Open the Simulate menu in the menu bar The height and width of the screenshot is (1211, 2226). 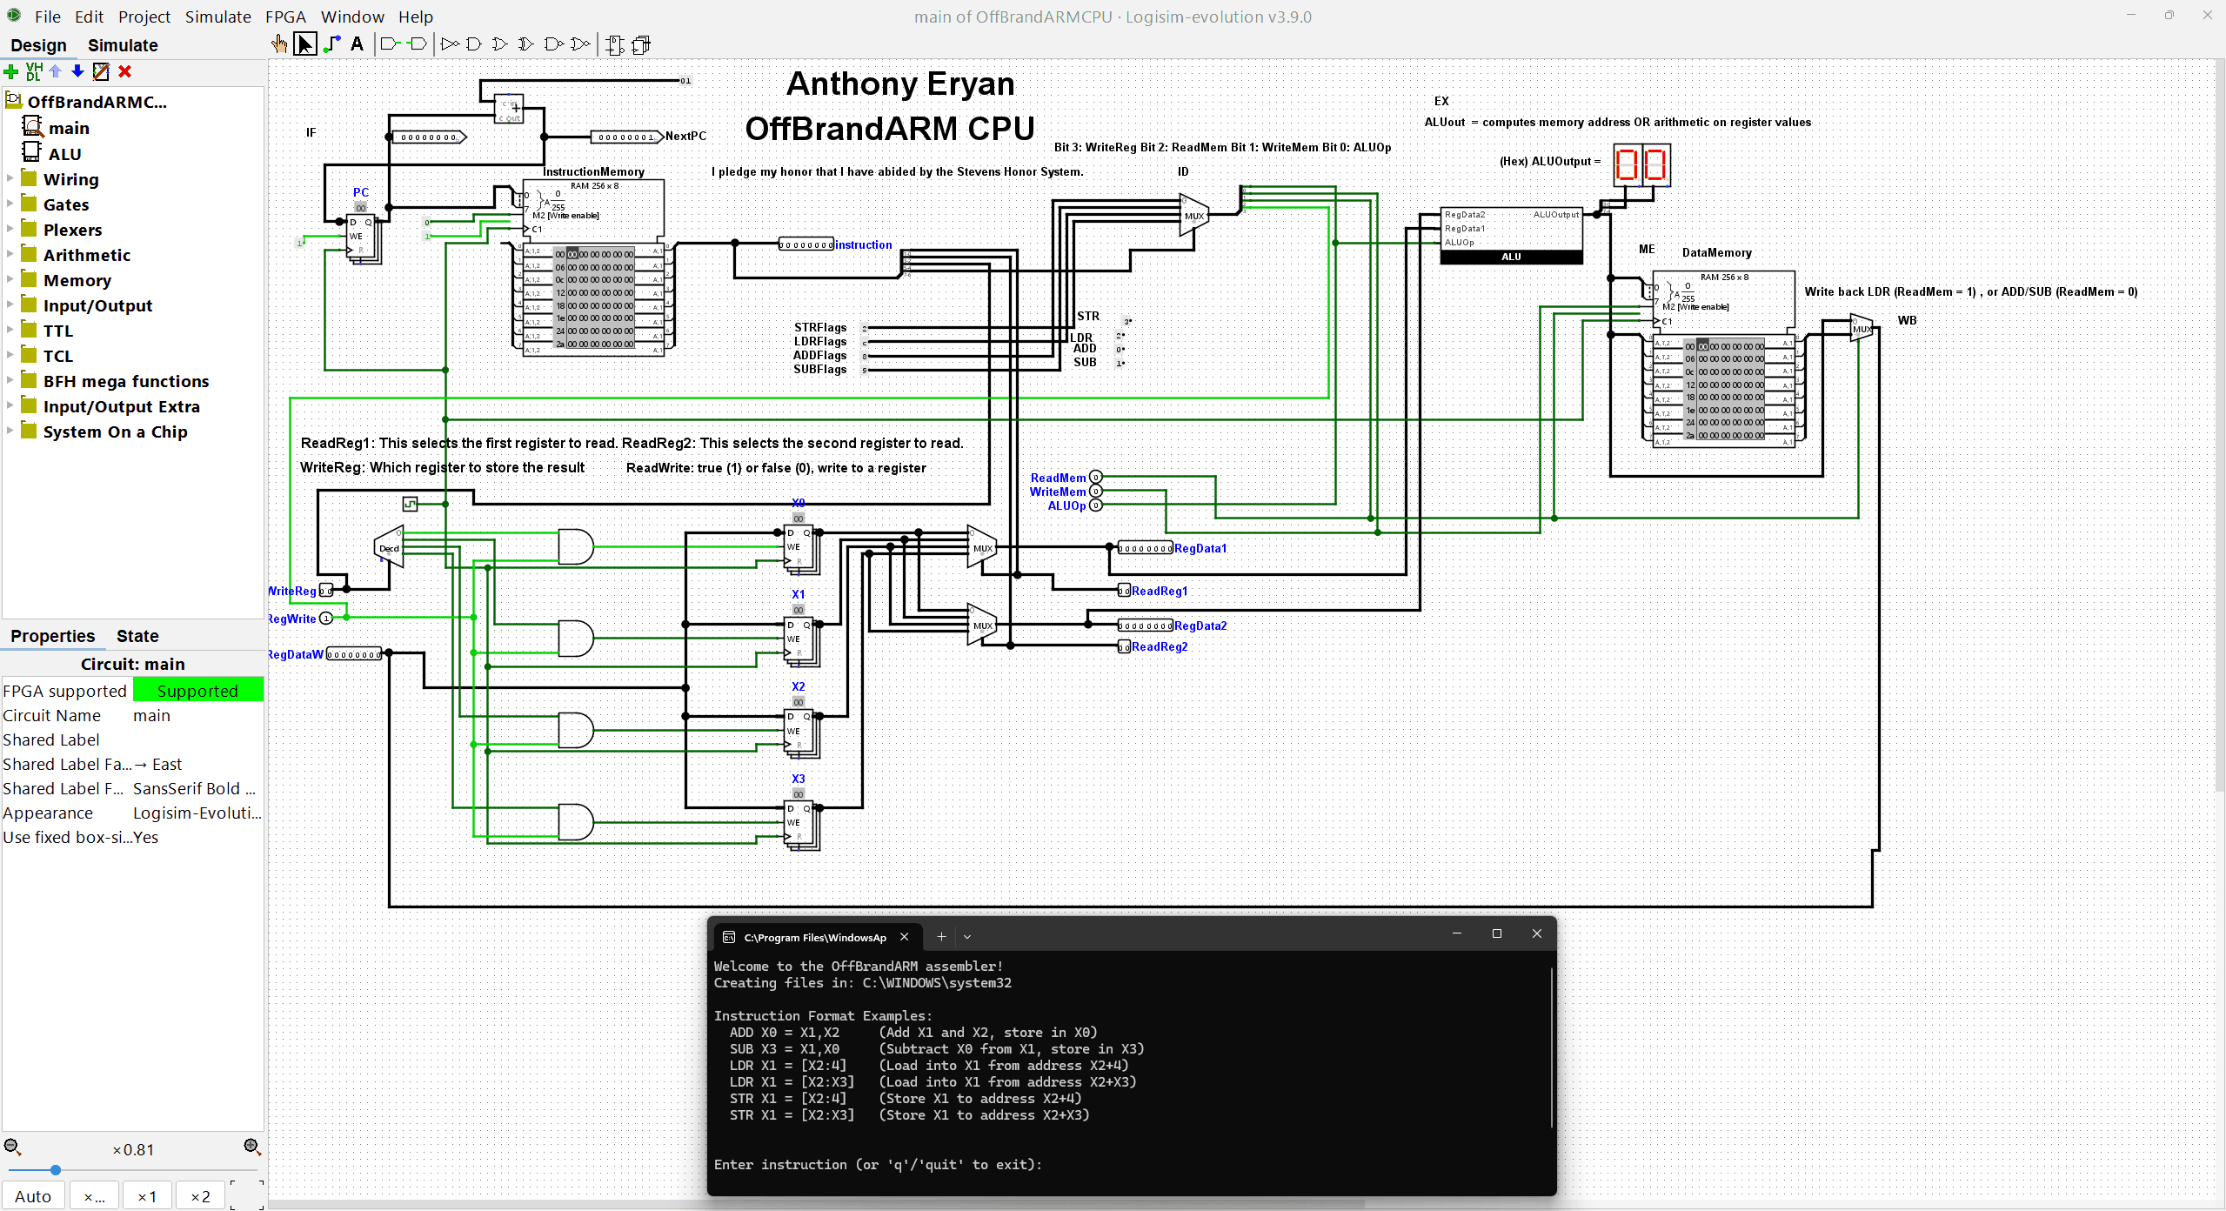(217, 17)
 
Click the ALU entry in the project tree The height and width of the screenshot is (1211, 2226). (64, 154)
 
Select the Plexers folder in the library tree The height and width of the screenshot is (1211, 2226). (72, 230)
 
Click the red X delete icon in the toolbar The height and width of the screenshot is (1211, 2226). (125, 71)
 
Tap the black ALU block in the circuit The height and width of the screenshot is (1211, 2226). (1511, 257)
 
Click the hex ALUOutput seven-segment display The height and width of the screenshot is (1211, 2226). (1641, 164)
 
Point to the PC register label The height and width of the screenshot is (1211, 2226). (361, 192)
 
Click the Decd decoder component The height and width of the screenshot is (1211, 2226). (390, 548)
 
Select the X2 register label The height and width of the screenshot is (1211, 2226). (798, 686)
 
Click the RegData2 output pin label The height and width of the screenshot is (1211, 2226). (1200, 626)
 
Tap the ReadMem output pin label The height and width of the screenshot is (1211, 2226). (1058, 478)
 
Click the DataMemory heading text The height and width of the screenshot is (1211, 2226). (1716, 252)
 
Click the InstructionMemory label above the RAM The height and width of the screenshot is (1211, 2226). (593, 171)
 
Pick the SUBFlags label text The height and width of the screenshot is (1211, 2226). (819, 369)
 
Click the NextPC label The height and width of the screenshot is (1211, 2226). (685, 136)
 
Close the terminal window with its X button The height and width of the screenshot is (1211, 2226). (1536, 933)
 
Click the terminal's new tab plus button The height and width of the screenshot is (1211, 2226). (940, 936)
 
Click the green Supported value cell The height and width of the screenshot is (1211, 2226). (197, 691)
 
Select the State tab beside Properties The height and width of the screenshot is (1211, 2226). (137, 636)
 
